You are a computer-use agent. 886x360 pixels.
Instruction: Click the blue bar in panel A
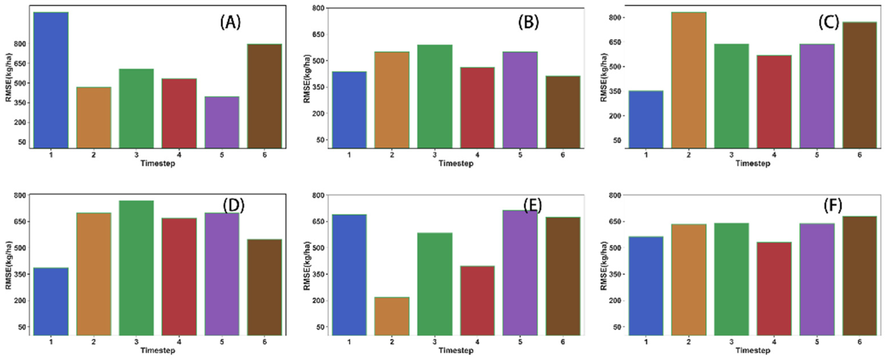click(x=51, y=80)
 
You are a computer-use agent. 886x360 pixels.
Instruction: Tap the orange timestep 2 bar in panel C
click(x=688, y=80)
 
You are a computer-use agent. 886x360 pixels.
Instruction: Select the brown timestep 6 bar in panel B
click(x=563, y=112)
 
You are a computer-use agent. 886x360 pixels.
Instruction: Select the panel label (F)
click(x=833, y=206)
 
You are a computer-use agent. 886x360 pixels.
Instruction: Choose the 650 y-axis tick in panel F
click(x=616, y=222)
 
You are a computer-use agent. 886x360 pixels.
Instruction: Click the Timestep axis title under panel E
click(x=456, y=350)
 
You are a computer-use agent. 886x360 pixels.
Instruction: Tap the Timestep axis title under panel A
click(x=157, y=163)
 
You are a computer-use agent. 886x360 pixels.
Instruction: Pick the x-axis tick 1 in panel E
click(x=349, y=342)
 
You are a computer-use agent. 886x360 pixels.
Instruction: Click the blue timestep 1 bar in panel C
click(x=646, y=119)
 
